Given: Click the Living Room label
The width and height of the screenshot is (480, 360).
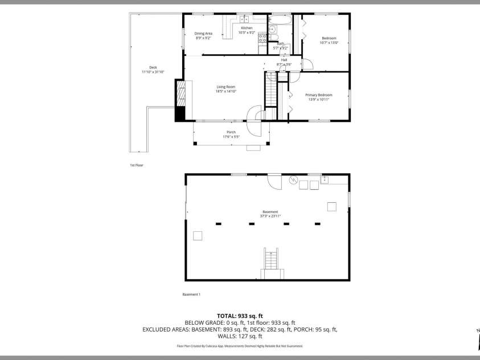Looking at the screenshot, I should click(x=225, y=87).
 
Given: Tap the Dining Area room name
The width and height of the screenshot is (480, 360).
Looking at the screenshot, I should click(x=203, y=34).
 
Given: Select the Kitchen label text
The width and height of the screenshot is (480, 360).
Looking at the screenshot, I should click(x=247, y=28).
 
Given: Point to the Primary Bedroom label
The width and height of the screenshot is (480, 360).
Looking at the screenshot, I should click(x=320, y=95).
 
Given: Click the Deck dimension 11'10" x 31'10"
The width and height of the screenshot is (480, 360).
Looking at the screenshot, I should click(x=153, y=72).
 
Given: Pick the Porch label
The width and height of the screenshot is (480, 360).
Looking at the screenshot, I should click(x=231, y=132).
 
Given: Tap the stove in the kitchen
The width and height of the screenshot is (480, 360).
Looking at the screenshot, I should click(x=262, y=39).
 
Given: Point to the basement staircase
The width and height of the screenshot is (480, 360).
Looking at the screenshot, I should click(x=272, y=264).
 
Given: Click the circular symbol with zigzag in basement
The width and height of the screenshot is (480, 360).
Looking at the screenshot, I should click(x=294, y=181).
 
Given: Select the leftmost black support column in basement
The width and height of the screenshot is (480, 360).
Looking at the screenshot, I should click(x=218, y=224).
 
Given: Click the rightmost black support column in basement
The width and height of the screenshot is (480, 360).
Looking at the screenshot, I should click(x=317, y=224).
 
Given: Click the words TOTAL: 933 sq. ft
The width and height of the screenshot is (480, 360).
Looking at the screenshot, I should click(x=240, y=316).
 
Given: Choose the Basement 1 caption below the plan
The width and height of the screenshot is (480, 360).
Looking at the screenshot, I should click(x=191, y=294).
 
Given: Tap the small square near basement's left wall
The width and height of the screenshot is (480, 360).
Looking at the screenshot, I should click(x=198, y=236).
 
